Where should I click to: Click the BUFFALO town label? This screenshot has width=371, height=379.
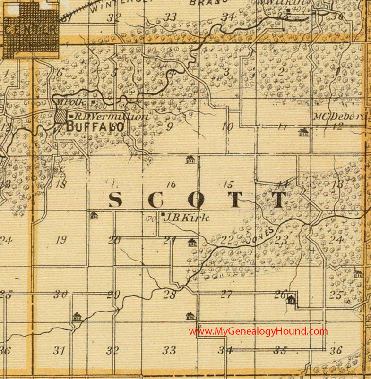pos(95,126)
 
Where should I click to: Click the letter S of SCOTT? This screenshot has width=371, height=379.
pos(117,200)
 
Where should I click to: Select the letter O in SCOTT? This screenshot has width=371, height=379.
pos(196,200)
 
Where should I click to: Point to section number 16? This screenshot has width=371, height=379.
pos(171,185)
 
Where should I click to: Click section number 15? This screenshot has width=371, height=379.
pos(229,185)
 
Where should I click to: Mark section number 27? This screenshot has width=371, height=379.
pos(227,295)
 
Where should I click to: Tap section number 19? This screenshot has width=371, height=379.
pos(60,240)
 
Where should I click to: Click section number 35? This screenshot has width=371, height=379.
pos(280,350)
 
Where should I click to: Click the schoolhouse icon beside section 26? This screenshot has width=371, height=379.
pos(292,298)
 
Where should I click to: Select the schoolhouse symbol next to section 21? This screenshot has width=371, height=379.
pos(192,243)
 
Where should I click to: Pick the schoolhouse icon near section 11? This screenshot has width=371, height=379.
pos(303,133)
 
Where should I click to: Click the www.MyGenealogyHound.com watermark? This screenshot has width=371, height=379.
pos(258,331)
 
